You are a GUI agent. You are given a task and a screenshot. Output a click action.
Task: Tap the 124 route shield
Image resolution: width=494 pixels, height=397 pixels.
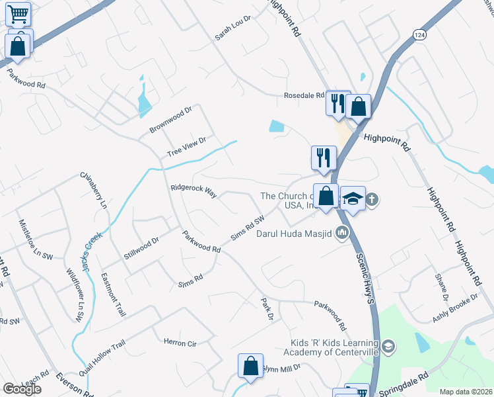(x=419, y=34)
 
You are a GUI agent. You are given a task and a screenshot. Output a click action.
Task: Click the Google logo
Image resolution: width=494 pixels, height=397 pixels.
(x=22, y=389)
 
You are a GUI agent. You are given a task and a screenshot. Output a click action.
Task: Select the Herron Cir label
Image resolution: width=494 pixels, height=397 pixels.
(x=180, y=342)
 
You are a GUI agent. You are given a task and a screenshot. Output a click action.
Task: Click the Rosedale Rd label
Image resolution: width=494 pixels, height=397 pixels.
(x=304, y=96)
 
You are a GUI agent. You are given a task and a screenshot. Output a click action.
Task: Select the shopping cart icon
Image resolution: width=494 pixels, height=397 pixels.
(x=18, y=13)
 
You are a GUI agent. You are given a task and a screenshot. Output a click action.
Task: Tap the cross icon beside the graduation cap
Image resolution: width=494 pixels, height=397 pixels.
(x=372, y=198)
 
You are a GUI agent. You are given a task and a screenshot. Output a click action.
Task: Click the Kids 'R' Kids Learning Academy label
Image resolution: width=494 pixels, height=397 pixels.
(x=335, y=347)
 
